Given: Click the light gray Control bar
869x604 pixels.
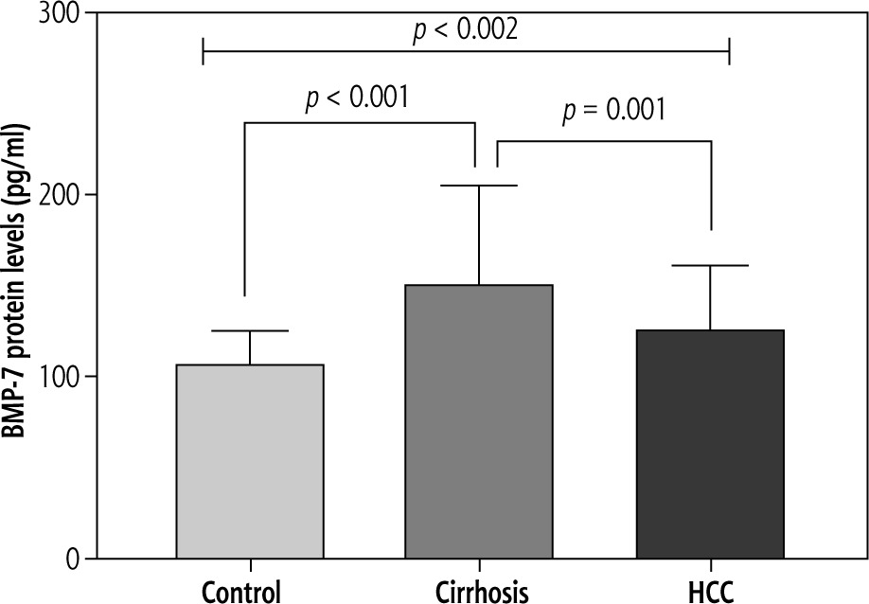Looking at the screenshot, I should (x=250, y=461).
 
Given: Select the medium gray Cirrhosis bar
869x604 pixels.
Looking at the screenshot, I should (x=479, y=421).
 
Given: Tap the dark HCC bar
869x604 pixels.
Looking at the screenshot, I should (x=710, y=444).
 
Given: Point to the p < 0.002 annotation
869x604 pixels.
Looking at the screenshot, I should (x=466, y=30).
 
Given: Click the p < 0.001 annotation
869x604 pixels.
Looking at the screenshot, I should (x=357, y=98).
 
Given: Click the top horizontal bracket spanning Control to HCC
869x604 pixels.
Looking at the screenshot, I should (x=466, y=53).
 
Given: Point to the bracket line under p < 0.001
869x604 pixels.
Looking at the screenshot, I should (x=359, y=122).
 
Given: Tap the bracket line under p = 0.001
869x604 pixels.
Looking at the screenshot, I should (x=604, y=142).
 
